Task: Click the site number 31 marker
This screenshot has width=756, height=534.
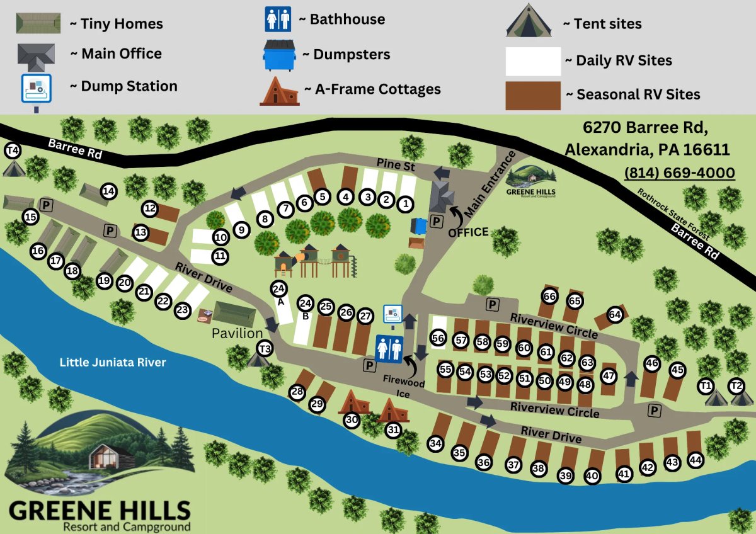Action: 394,431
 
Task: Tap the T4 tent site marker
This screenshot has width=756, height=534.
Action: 13,151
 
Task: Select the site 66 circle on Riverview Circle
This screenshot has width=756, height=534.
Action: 550,296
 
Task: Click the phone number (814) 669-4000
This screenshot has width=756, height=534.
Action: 680,173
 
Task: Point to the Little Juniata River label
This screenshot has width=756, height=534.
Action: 113,362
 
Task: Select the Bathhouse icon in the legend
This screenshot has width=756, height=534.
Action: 278,19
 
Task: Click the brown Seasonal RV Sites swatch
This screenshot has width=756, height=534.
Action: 533,95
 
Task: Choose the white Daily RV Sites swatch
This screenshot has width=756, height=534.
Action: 533,61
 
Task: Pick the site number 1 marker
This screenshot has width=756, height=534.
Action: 405,204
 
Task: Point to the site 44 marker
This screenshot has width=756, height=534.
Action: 696,460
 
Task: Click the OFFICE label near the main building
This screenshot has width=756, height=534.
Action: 468,232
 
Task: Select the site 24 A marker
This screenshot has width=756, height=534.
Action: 278,289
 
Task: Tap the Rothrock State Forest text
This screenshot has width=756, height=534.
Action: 673,213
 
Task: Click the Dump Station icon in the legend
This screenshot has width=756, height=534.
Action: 37,89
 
